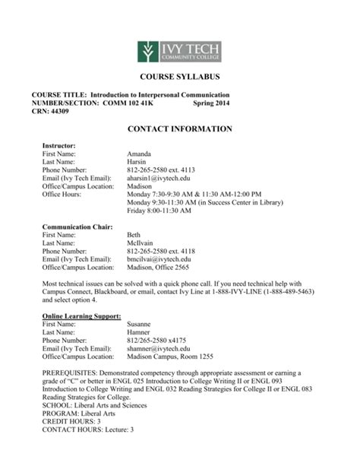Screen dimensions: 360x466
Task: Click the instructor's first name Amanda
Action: [141, 153]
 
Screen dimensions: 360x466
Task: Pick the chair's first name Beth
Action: [134, 235]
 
